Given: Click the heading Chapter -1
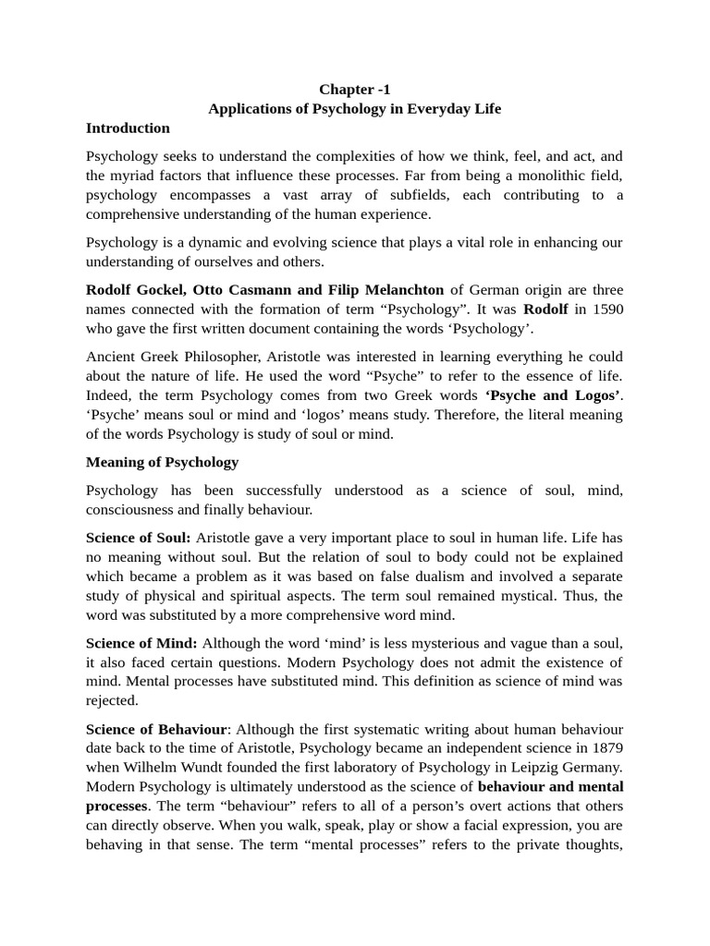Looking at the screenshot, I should click(x=355, y=90).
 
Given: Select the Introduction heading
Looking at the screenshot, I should click(x=128, y=128).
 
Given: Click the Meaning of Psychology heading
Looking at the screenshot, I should click(x=162, y=462).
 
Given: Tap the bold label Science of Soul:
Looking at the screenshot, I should click(x=139, y=538).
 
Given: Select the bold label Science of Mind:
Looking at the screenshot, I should click(x=141, y=643).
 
